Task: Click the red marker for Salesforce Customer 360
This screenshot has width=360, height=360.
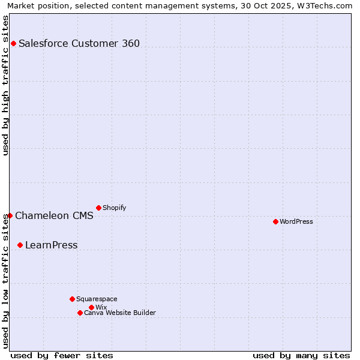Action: pyautogui.click(x=13, y=43)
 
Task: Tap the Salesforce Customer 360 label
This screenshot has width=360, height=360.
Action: pyautogui.click(x=79, y=43)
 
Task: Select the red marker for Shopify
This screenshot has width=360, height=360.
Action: pyautogui.click(x=98, y=208)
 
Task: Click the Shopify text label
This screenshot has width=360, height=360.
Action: pyautogui.click(x=114, y=208)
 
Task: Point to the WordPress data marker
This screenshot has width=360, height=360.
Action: pyautogui.click(x=275, y=221)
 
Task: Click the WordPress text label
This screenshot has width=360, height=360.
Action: pyautogui.click(x=296, y=222)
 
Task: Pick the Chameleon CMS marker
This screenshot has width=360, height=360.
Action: pyautogui.click(x=10, y=215)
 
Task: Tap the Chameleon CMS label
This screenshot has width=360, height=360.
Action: pyautogui.click(x=54, y=216)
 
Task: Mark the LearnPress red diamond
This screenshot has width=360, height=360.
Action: pyautogui.click(x=20, y=245)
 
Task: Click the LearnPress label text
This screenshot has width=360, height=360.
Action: pyautogui.click(x=51, y=245)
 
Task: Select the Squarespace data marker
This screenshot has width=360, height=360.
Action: pyautogui.click(x=72, y=299)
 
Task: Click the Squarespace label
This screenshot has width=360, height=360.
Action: pyautogui.click(x=97, y=299)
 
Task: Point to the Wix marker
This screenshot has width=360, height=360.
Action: pyautogui.click(x=91, y=307)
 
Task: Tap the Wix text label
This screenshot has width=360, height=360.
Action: pyautogui.click(x=101, y=308)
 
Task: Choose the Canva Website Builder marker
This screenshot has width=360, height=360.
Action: pyautogui.click(x=80, y=313)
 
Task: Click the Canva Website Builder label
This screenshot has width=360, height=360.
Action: pyautogui.click(x=119, y=313)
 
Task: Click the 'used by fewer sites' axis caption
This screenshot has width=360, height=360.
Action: pyautogui.click(x=62, y=355)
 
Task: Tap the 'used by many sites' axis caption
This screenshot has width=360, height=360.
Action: pyautogui.click(x=301, y=355)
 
